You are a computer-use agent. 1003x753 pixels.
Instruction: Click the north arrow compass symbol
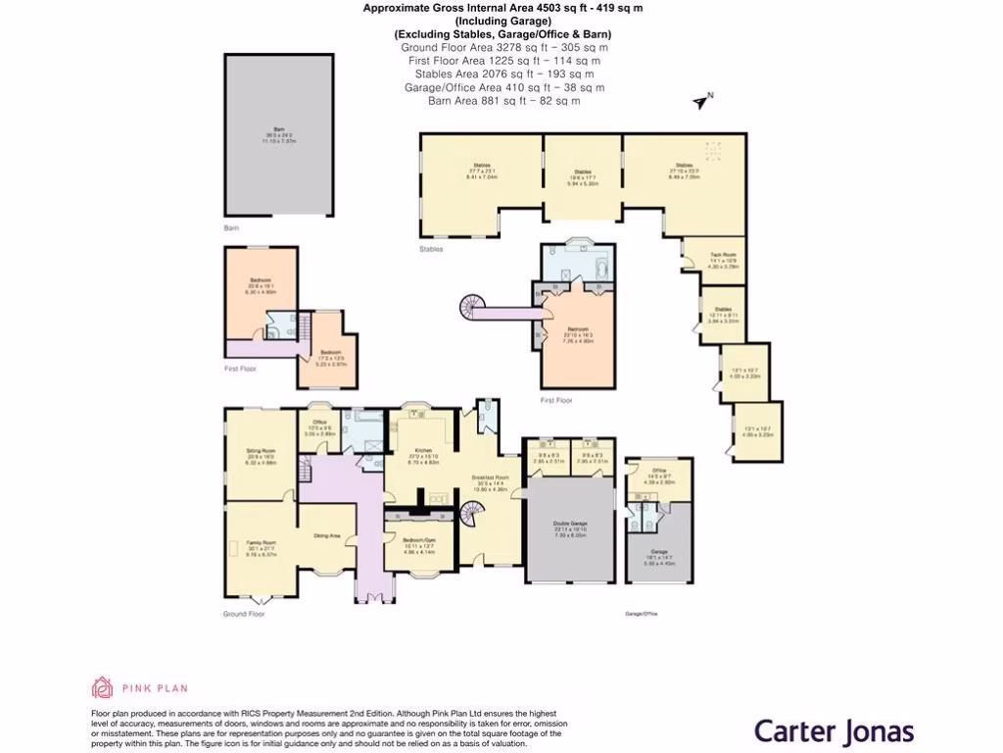tap(701, 101)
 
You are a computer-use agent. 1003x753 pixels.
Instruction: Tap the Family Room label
tap(260, 550)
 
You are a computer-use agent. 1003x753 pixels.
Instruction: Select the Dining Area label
tap(326, 536)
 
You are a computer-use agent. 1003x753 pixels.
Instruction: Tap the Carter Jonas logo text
tap(834, 731)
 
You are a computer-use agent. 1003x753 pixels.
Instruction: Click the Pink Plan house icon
tap(102, 687)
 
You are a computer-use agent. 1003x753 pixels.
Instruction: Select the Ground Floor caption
tap(243, 614)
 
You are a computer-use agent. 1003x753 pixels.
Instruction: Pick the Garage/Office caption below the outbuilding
tap(641, 614)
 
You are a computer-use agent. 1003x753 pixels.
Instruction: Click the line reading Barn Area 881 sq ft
tap(503, 100)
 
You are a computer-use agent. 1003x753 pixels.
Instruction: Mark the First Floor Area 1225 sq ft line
tap(503, 61)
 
